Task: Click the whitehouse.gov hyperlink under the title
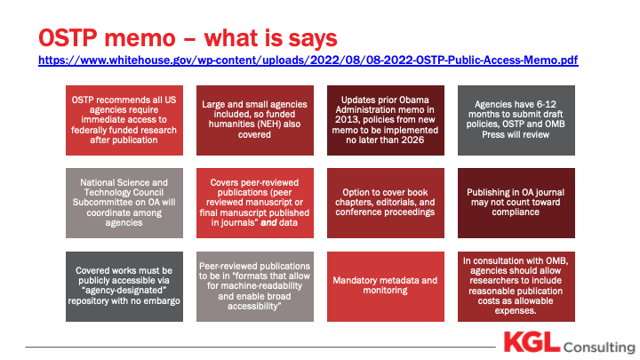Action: tap(308, 60)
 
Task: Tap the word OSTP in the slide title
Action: tap(68, 38)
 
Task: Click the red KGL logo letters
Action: tap(532, 342)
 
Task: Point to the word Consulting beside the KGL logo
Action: tap(599, 347)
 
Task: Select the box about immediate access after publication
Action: tap(124, 120)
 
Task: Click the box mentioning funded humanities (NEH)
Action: tap(255, 120)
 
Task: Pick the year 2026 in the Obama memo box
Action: tap(412, 140)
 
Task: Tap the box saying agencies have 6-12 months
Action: tap(516, 120)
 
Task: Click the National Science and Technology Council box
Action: tap(124, 203)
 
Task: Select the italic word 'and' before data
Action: tap(268, 222)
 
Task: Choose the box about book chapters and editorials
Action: tap(385, 203)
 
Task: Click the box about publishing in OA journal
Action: tap(516, 203)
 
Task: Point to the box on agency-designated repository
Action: tap(124, 286)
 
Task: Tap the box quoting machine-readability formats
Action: tap(255, 286)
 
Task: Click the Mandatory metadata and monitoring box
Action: tap(385, 286)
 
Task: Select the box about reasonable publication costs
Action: tap(516, 286)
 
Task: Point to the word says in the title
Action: tap(313, 39)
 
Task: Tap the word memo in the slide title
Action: tap(140, 38)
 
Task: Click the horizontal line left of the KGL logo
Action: tap(260, 348)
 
